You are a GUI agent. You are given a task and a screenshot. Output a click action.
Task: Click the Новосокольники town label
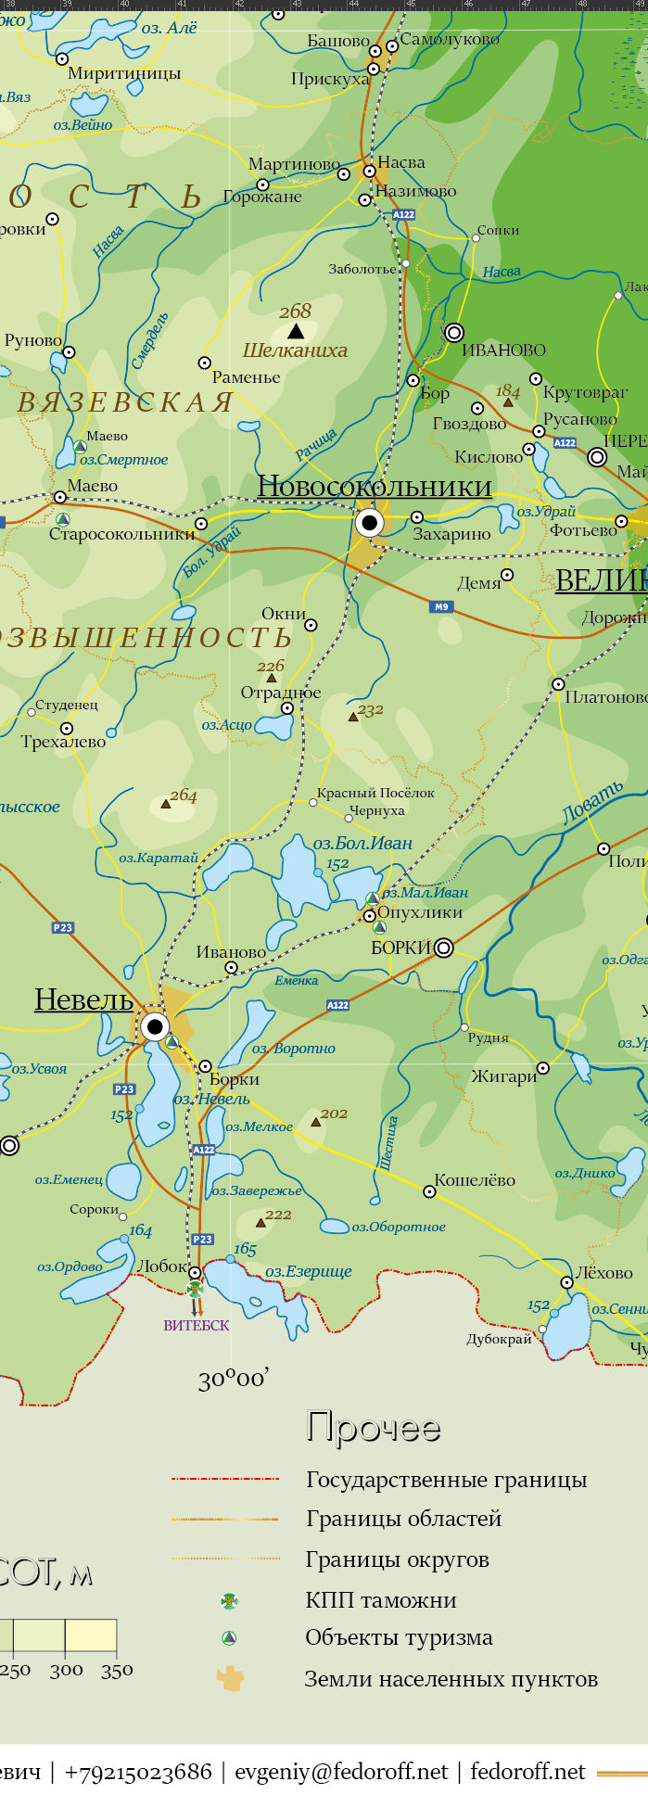(375, 487)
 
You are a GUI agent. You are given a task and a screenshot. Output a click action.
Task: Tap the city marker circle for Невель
(155, 1026)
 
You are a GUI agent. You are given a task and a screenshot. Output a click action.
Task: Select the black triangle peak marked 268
(295, 331)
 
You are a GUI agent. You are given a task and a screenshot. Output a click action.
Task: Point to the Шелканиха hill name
(295, 350)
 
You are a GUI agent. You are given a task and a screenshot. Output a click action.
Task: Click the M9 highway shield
(441, 607)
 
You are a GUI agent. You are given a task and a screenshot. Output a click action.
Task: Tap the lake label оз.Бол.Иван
(362, 844)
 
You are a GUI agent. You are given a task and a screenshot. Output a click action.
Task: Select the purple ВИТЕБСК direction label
(197, 1326)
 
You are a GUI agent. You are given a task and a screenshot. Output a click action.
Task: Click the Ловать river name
(593, 803)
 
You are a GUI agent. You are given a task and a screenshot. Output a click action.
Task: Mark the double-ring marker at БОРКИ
(444, 947)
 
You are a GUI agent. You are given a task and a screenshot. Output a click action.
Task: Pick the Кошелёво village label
(475, 1180)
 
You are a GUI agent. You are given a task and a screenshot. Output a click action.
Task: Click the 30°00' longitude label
(234, 1380)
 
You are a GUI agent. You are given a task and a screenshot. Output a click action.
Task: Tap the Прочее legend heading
(373, 1428)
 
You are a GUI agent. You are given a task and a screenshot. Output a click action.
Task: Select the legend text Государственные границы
(446, 1480)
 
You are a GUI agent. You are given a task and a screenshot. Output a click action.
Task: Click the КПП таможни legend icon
(229, 1600)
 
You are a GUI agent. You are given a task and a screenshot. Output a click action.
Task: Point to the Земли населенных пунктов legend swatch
(230, 1678)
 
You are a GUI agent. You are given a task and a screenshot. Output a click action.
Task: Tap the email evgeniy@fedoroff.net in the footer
(341, 1772)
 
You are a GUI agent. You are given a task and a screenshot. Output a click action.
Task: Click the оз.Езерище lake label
(309, 1271)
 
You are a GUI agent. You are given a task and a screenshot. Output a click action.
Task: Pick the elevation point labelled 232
(353, 716)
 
